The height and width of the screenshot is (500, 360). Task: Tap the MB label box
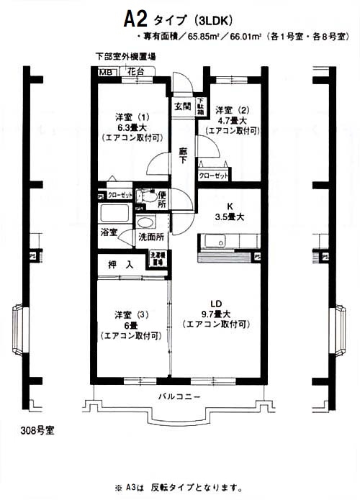(105, 72)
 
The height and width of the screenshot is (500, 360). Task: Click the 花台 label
(135, 71)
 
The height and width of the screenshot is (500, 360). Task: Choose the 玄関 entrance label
(181, 106)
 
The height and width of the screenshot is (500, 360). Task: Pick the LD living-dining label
(218, 303)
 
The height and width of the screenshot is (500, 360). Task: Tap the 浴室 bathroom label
(109, 233)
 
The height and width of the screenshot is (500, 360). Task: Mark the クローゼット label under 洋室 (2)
(214, 176)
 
